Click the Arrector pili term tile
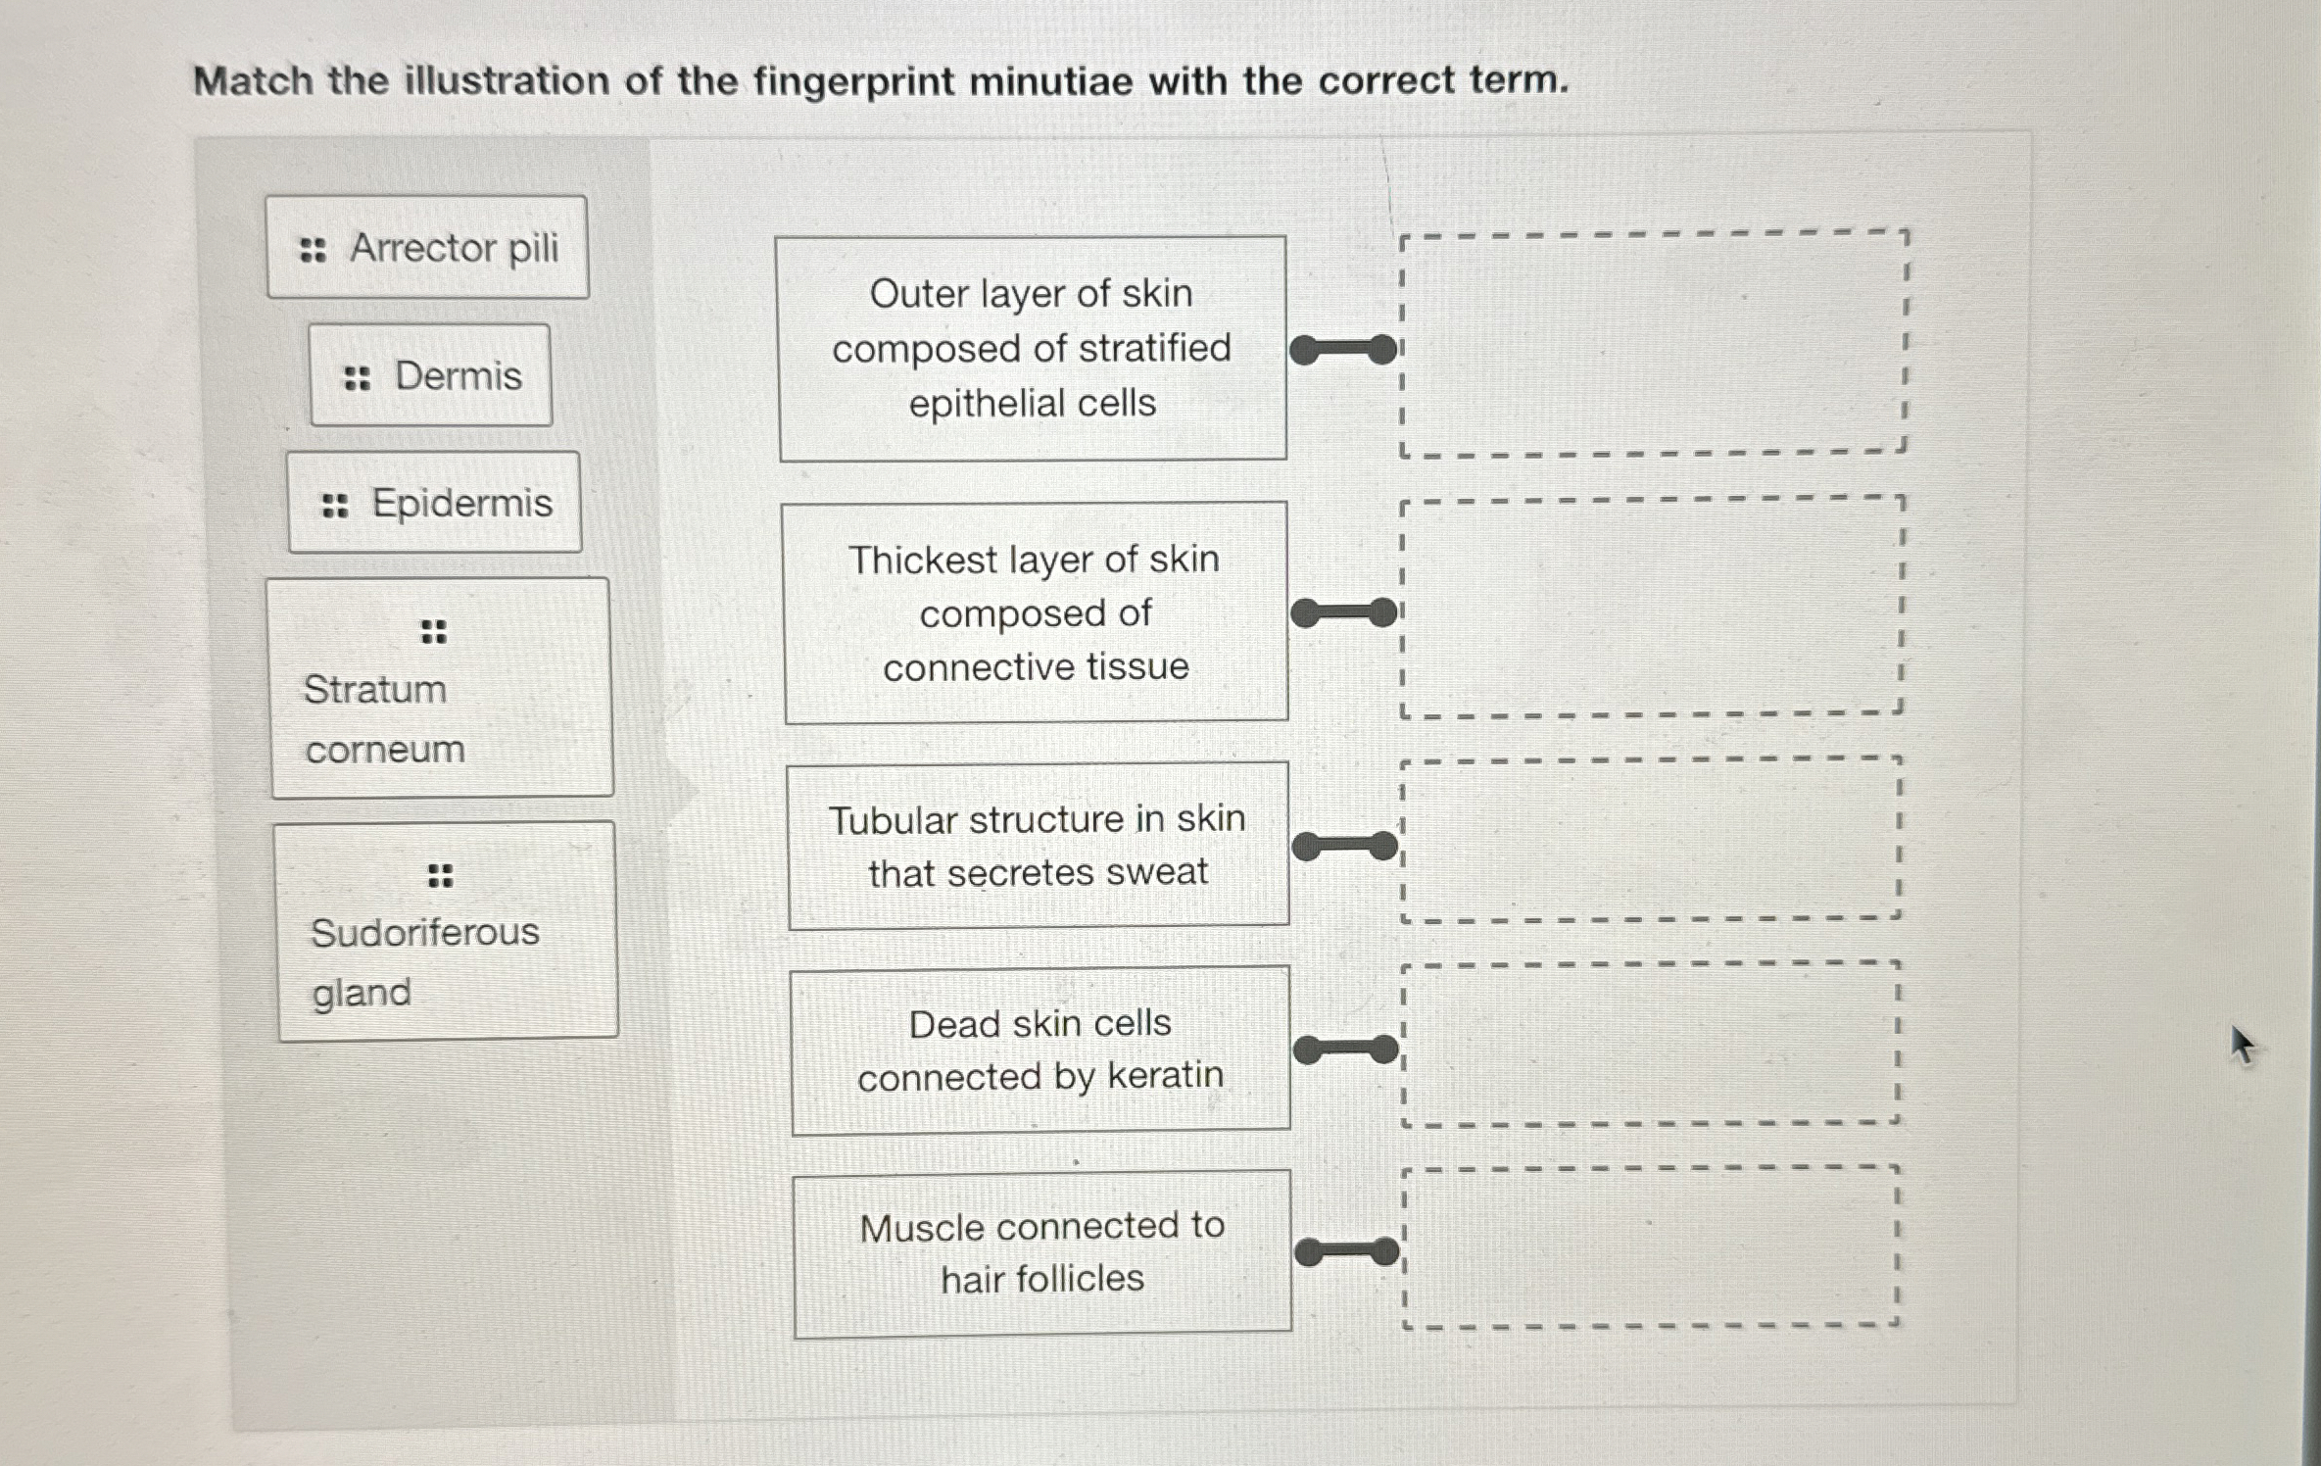[427, 247]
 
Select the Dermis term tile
[430, 375]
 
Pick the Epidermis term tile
[434, 503]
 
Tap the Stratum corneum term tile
[441, 688]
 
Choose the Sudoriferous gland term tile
[447, 931]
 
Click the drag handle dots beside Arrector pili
[313, 250]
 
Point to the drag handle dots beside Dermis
[357, 377]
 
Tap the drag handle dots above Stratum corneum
[433, 632]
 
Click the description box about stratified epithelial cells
[1032, 348]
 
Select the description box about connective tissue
[1036, 613]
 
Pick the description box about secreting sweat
[1038, 846]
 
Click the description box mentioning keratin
[1040, 1050]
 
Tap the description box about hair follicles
[1041, 1252]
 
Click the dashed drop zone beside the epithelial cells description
[1653, 344]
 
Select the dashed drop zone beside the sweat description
[1651, 840]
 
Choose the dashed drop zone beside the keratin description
[1651, 1045]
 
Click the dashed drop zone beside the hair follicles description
[1651, 1247]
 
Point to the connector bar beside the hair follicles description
[1347, 1251]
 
